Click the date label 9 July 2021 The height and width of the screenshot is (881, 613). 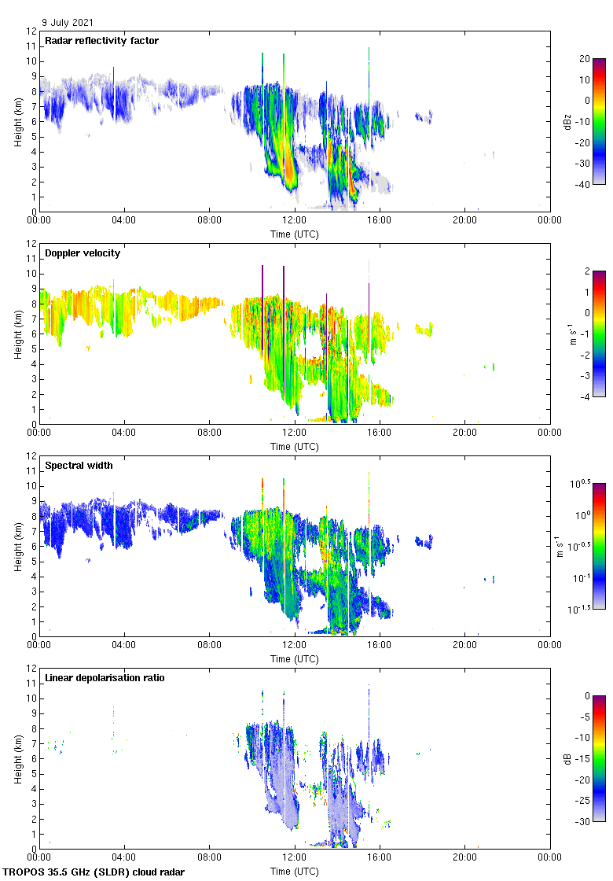click(x=69, y=23)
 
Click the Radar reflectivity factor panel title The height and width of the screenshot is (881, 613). click(x=102, y=41)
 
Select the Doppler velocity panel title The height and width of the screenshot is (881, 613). click(x=83, y=253)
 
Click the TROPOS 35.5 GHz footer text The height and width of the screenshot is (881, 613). click(x=94, y=872)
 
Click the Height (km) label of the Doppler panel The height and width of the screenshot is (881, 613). click(x=18, y=334)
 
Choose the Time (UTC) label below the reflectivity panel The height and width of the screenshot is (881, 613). click(x=295, y=234)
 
